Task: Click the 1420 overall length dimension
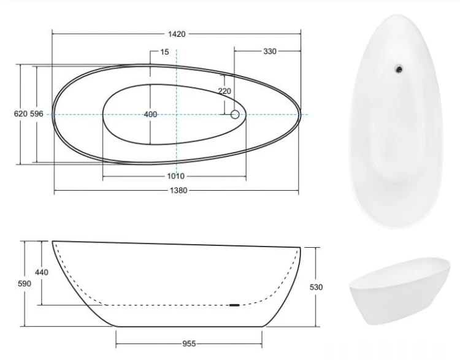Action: pyautogui.click(x=177, y=34)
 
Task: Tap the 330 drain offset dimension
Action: pyautogui.click(x=270, y=52)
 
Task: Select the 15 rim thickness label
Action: pyautogui.click(x=164, y=52)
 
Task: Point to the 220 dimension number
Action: pyautogui.click(x=224, y=91)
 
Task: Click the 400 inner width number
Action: pyautogui.click(x=150, y=114)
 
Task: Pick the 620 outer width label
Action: pyautogui.click(x=20, y=113)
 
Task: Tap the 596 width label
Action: pyautogui.click(x=37, y=113)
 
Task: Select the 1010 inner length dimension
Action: pyautogui.click(x=176, y=176)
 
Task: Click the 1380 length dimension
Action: pyautogui.click(x=178, y=190)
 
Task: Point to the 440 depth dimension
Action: pyautogui.click(x=42, y=272)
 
